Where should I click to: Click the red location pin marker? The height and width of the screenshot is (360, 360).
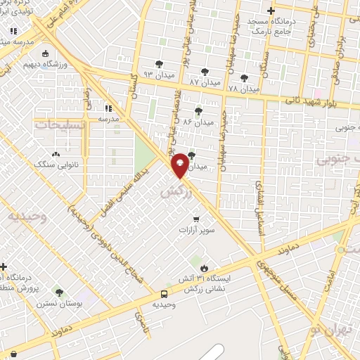point(180,165)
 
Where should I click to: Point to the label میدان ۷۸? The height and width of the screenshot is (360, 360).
point(245,89)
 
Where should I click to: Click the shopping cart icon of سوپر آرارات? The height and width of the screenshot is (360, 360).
point(196,217)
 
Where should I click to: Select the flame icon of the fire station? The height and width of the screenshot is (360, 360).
point(204,268)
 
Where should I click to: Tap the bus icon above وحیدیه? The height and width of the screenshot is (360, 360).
point(164,294)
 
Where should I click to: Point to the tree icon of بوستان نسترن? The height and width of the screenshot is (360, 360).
point(59,292)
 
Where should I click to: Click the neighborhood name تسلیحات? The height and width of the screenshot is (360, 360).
point(59,124)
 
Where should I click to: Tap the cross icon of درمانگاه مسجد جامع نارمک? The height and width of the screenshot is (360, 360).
point(271,11)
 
